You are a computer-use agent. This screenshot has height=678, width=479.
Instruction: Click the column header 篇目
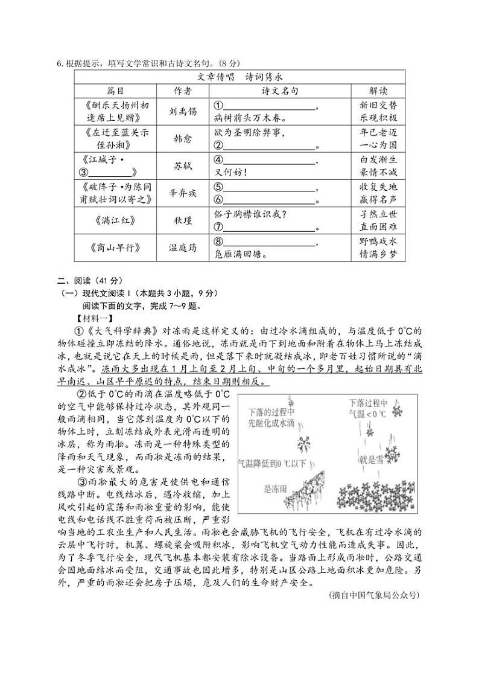pyautogui.click(x=115, y=91)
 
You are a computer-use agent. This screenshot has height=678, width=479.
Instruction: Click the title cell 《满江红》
pyautogui.click(x=115, y=220)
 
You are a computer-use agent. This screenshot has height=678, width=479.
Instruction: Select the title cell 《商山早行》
pyautogui.click(x=115, y=248)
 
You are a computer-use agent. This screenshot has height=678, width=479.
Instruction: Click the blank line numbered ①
pyautogui.click(x=269, y=107)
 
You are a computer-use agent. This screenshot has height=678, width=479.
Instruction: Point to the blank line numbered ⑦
pyautogui.click(x=269, y=228)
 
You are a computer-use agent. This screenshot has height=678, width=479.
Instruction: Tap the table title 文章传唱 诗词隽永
pyautogui.click(x=240, y=77)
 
